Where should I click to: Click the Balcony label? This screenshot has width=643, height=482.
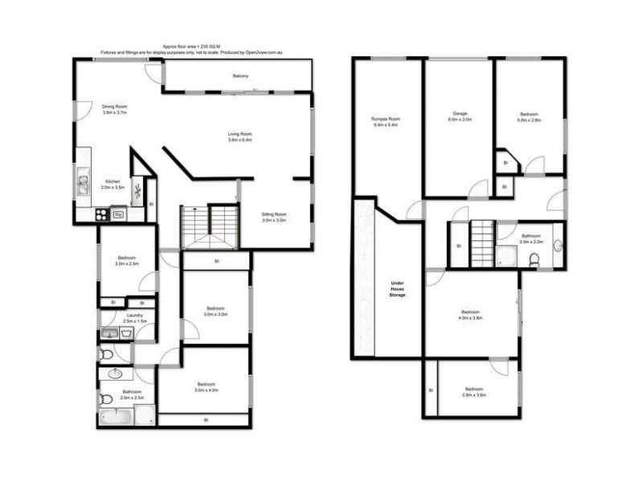[240, 76]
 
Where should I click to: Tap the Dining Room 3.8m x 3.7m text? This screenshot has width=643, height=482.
[115, 109]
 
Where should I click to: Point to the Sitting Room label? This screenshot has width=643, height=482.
[274, 217]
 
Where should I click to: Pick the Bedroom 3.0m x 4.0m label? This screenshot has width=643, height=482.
[206, 387]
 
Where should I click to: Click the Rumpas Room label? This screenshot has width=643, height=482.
[386, 122]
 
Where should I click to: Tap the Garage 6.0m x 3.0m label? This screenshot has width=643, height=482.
[460, 116]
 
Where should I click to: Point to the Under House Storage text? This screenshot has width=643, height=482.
[397, 289]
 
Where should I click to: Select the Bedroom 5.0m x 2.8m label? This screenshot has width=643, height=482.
[528, 116]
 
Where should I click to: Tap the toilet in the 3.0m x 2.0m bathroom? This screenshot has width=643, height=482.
[533, 258]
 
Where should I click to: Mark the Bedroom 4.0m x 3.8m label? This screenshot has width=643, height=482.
[471, 314]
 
